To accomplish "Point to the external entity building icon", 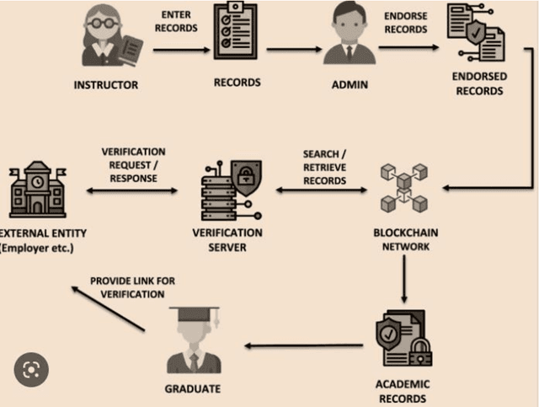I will click(37, 191).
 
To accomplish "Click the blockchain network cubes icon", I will click(403, 187).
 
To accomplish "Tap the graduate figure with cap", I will click(194, 341).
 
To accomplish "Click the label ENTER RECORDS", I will click(178, 21).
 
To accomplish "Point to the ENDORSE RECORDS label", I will click(406, 22).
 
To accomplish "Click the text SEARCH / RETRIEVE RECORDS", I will click(324, 168).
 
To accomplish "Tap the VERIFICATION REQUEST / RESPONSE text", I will click(133, 164).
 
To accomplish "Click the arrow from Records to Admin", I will click(295, 50).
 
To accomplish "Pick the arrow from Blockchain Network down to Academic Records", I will click(405, 278).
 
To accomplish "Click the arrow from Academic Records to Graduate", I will click(303, 345).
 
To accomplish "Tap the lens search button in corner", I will click(31, 368).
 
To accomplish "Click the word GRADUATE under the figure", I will click(193, 388).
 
